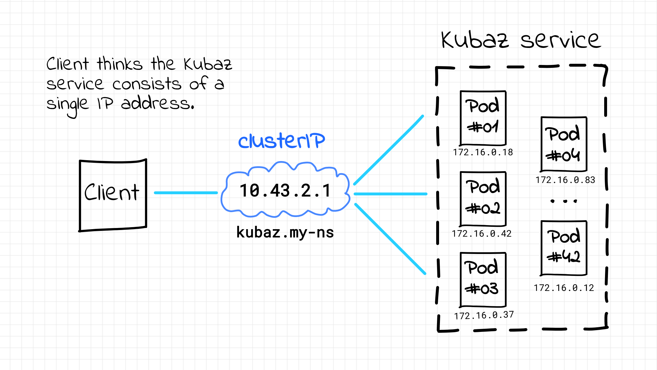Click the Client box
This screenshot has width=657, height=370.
(113, 195)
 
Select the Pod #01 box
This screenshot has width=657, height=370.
(483, 118)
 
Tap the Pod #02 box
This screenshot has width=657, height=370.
(483, 199)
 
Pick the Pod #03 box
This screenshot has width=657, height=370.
(483, 280)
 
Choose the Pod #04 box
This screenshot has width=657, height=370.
(564, 144)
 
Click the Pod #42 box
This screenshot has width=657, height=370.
(564, 248)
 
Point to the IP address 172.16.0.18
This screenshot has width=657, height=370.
(483, 152)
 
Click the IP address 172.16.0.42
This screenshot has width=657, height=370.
(482, 233)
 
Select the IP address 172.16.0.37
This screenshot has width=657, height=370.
(484, 315)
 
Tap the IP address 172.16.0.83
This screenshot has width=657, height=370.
(565, 180)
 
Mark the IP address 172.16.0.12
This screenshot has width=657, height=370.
(564, 288)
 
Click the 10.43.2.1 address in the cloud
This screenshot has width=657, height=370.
(285, 191)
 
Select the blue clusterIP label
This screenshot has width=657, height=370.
(281, 141)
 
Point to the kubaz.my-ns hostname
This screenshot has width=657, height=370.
(285, 233)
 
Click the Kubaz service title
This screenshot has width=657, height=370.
(521, 40)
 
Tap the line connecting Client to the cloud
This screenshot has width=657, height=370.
(186, 193)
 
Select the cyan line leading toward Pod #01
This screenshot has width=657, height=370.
(389, 150)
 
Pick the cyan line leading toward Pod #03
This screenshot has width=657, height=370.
(390, 239)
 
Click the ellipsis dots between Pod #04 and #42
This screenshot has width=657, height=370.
(564, 201)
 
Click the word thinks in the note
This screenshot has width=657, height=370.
(120, 64)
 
